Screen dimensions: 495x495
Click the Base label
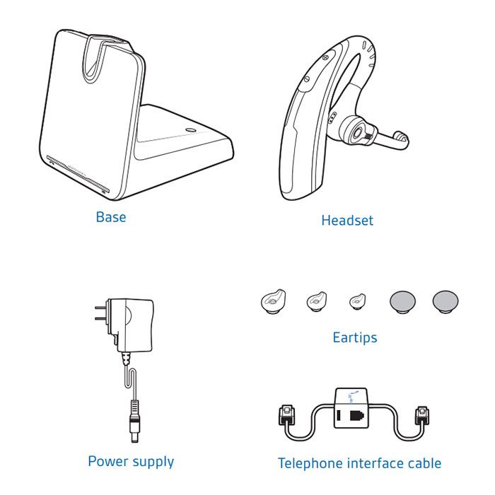tap(110, 217)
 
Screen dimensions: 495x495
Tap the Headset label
tap(347, 221)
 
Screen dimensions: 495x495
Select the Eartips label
tap(354, 337)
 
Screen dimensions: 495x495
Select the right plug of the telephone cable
tap(424, 415)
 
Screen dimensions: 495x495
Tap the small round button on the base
tap(189, 130)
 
